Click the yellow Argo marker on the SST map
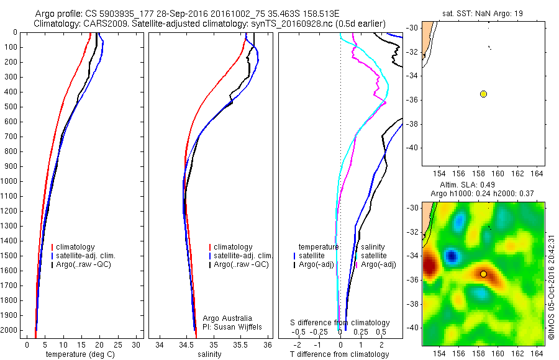[x=483, y=94]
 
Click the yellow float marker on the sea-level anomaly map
[x=483, y=274]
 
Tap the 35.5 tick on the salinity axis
[x=240, y=345]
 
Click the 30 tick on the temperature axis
[x=136, y=345]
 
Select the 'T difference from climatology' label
[x=340, y=354]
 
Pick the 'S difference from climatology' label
[x=340, y=323]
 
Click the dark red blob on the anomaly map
[x=429, y=268]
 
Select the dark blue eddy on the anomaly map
[x=452, y=255]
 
